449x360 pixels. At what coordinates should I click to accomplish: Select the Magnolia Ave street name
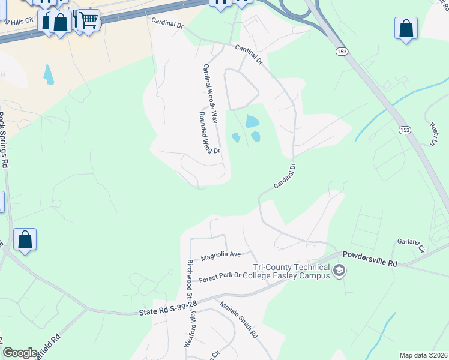click(220, 257)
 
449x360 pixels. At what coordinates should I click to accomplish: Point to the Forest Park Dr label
click(220, 275)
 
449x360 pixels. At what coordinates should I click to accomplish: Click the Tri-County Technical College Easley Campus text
click(292, 271)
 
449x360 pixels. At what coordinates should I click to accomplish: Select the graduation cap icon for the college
click(339, 272)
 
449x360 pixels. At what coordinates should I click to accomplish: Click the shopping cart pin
click(88, 20)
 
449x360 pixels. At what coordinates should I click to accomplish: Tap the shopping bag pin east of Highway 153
click(406, 28)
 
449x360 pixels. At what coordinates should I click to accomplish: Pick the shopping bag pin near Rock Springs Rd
click(25, 239)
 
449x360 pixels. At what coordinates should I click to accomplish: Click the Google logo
click(20, 352)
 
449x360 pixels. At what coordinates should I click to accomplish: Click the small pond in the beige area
click(48, 74)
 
